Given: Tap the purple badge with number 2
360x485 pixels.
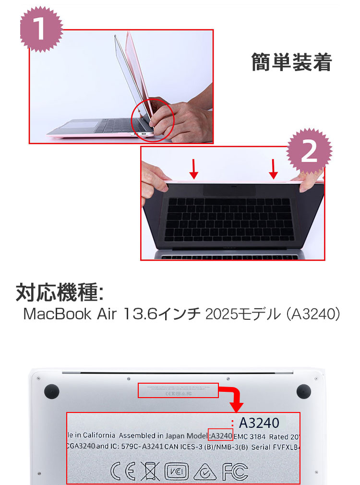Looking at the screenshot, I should [x=309, y=152].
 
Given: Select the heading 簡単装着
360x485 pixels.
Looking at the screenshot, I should [x=291, y=63].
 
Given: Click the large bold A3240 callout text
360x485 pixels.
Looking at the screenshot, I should [x=259, y=423].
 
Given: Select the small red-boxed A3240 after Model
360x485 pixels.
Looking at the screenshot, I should [x=221, y=436].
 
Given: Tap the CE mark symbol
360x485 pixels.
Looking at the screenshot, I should [x=121, y=472].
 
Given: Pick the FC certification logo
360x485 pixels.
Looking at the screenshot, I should [x=235, y=472].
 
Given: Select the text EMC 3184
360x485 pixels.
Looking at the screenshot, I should [x=249, y=436].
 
